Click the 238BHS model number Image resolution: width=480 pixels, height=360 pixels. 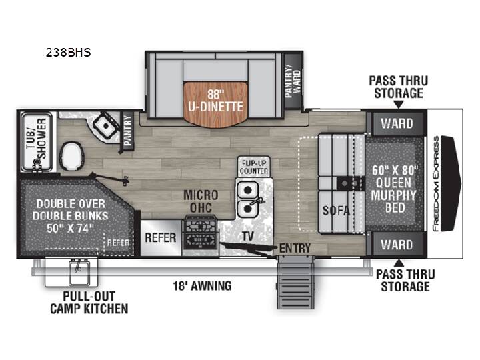click(68, 53)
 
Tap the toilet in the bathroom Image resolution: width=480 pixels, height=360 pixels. click(71, 156)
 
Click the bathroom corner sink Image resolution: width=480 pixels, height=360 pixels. click(105, 125)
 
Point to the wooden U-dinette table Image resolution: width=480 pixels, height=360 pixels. click(215, 105)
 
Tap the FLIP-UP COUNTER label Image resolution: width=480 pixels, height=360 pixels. click(254, 167)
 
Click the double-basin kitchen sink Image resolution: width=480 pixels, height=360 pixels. click(247, 199)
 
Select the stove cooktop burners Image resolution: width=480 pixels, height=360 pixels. click(201, 234)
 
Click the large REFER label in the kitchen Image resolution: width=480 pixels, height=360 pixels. click(161, 237)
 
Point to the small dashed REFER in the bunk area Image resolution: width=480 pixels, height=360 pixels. click(118, 243)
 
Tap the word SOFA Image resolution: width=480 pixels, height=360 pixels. click(336, 210)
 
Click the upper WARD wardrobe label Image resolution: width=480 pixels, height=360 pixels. click(397, 124)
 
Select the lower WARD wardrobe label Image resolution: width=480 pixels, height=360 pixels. click(397, 245)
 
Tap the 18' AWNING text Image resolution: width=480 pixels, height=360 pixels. click(202, 286)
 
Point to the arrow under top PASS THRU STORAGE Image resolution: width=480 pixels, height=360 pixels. click(399, 105)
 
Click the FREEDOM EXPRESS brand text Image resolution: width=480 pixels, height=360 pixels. click(436, 183)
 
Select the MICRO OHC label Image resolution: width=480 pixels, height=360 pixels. click(201, 201)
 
